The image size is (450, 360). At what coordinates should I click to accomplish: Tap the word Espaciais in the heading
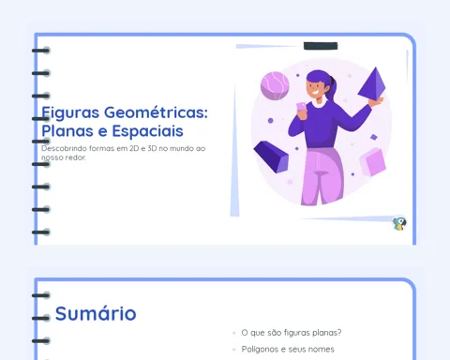(x=147, y=131)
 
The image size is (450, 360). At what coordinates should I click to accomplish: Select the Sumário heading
(x=96, y=313)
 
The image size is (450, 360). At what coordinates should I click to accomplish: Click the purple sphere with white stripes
(x=275, y=85)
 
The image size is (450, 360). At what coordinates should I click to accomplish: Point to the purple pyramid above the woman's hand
(x=373, y=82)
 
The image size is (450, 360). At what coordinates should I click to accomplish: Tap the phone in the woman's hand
(x=301, y=107)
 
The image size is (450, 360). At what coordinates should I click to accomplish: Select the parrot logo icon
(x=399, y=224)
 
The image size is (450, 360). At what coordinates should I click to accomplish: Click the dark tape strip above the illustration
(x=321, y=46)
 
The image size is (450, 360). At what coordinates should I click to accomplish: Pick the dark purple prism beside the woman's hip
(x=271, y=157)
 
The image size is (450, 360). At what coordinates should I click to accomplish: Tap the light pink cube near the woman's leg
(x=372, y=162)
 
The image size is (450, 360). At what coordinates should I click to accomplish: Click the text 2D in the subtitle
(x=134, y=148)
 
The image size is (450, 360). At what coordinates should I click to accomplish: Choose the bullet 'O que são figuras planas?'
(x=292, y=333)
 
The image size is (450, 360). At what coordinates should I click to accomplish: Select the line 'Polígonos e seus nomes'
(x=288, y=349)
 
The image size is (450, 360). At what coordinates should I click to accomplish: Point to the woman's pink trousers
(x=322, y=176)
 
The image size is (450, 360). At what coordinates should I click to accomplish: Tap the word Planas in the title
(x=67, y=131)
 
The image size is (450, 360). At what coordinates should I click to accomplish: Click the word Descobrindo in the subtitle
(x=64, y=148)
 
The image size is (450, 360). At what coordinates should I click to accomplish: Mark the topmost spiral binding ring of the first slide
(x=41, y=51)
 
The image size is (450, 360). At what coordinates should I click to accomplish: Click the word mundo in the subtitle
(x=182, y=148)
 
